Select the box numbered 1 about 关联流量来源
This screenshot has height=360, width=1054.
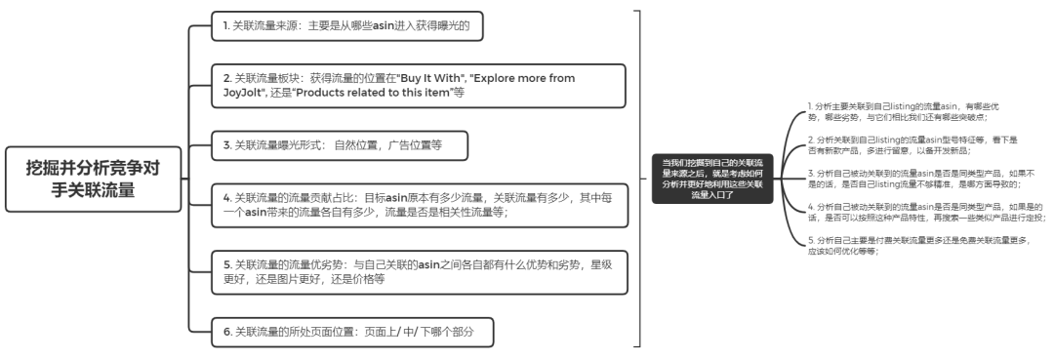[347, 26]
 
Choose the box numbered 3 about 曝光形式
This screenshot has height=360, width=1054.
[339, 145]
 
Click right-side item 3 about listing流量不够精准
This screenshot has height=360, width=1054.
[912, 178]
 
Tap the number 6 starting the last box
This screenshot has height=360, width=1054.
[225, 333]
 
